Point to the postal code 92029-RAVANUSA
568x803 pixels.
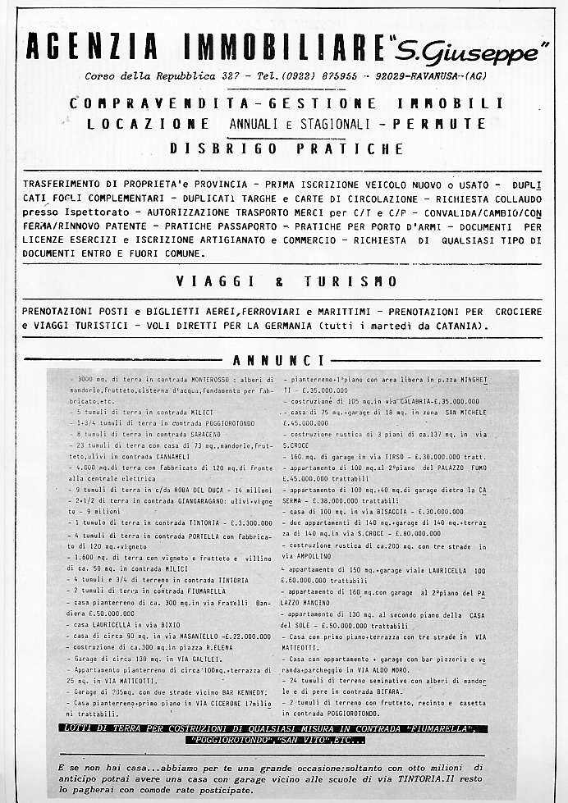point(416,76)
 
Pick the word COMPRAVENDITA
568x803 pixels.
point(153,104)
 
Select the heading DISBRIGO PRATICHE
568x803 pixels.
point(286,149)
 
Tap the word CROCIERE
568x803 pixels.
point(518,313)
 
